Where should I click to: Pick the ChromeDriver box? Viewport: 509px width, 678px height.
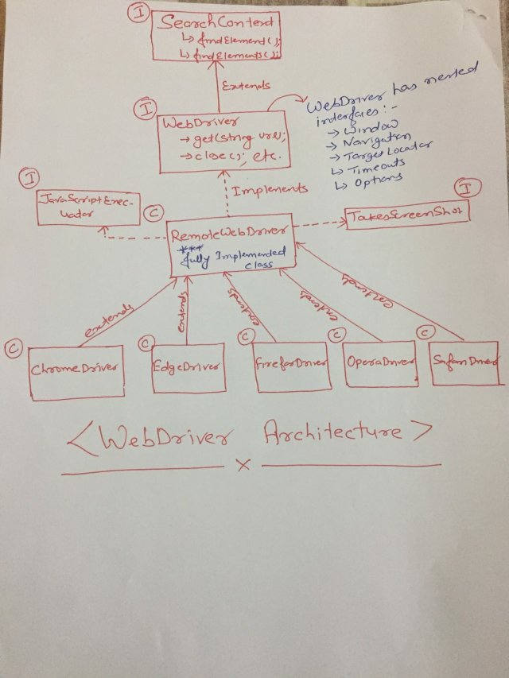[76, 370]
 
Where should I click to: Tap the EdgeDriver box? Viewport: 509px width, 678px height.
[187, 367]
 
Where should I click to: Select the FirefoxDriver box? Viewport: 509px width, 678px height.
[291, 366]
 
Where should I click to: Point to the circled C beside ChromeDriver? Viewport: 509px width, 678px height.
[13, 347]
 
